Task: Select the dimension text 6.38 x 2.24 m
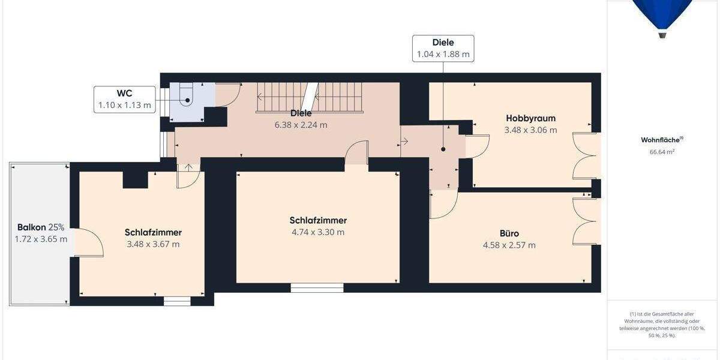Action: (301, 125)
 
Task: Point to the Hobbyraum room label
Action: (530, 118)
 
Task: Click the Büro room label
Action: (509, 233)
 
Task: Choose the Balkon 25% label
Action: (40, 227)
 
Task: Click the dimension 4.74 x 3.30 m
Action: (318, 232)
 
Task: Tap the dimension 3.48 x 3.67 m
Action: (153, 244)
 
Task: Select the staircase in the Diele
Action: (310, 97)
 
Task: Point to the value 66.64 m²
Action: (662, 152)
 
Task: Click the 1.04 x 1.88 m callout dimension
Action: (443, 55)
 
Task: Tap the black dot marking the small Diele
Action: (443, 149)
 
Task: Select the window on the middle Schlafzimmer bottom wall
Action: (317, 287)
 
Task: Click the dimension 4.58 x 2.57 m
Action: (509, 245)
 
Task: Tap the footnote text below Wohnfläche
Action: (662, 325)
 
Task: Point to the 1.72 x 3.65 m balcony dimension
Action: (41, 239)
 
